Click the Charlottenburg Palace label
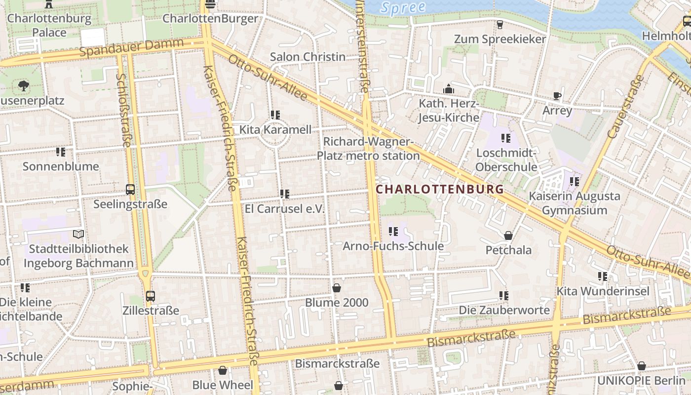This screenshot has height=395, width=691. (x=49, y=26)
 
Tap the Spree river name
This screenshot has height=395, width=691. (x=403, y=7)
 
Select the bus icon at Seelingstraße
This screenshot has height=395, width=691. (x=130, y=189)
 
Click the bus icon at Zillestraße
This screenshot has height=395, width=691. (x=151, y=296)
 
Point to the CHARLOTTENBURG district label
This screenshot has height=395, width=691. (x=440, y=189)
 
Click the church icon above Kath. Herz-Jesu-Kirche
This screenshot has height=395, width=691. (x=449, y=89)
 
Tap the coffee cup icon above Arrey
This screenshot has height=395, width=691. (x=557, y=96)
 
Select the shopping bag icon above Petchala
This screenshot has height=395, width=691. (x=508, y=235)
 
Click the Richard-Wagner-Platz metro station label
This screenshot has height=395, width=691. (x=368, y=149)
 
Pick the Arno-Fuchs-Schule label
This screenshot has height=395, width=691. (x=393, y=246)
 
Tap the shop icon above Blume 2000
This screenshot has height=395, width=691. (x=337, y=287)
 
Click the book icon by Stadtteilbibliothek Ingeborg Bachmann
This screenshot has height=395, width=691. (x=78, y=234)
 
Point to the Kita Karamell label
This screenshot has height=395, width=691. (x=275, y=130)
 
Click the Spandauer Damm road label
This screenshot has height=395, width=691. (x=131, y=47)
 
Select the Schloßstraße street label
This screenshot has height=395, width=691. (x=123, y=110)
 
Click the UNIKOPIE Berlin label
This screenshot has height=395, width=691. (x=641, y=381)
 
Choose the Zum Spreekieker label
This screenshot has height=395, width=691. (x=499, y=39)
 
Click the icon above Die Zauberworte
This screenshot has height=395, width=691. (x=503, y=295)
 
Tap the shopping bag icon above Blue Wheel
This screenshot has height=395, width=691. (x=223, y=370)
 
